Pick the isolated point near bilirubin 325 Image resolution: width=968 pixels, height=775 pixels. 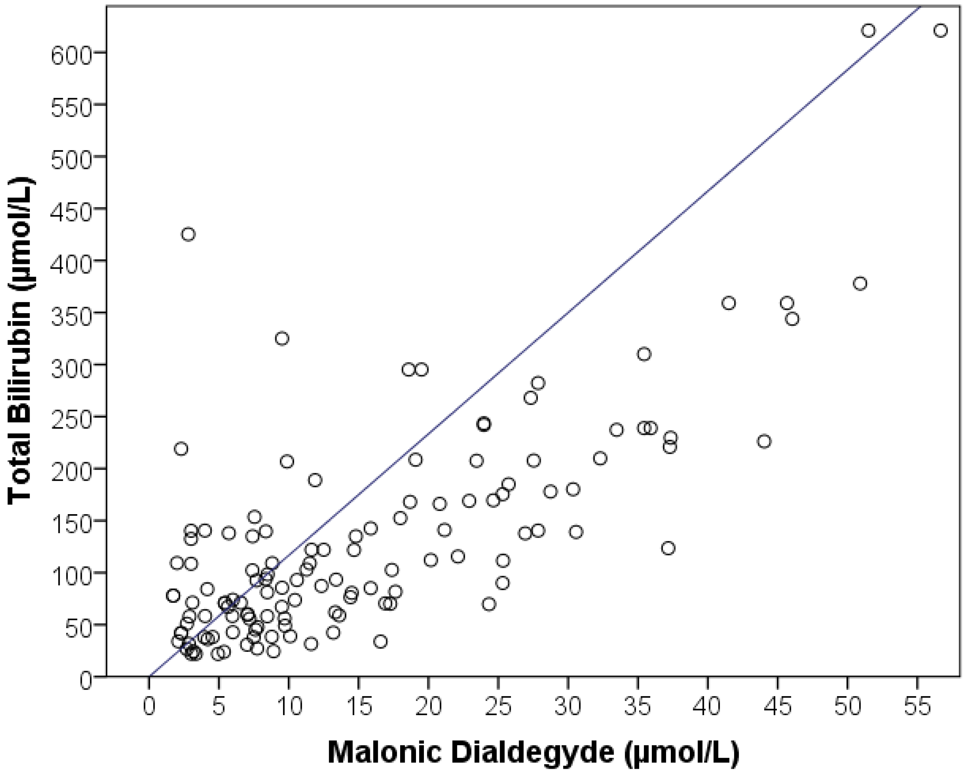pos(282,338)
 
